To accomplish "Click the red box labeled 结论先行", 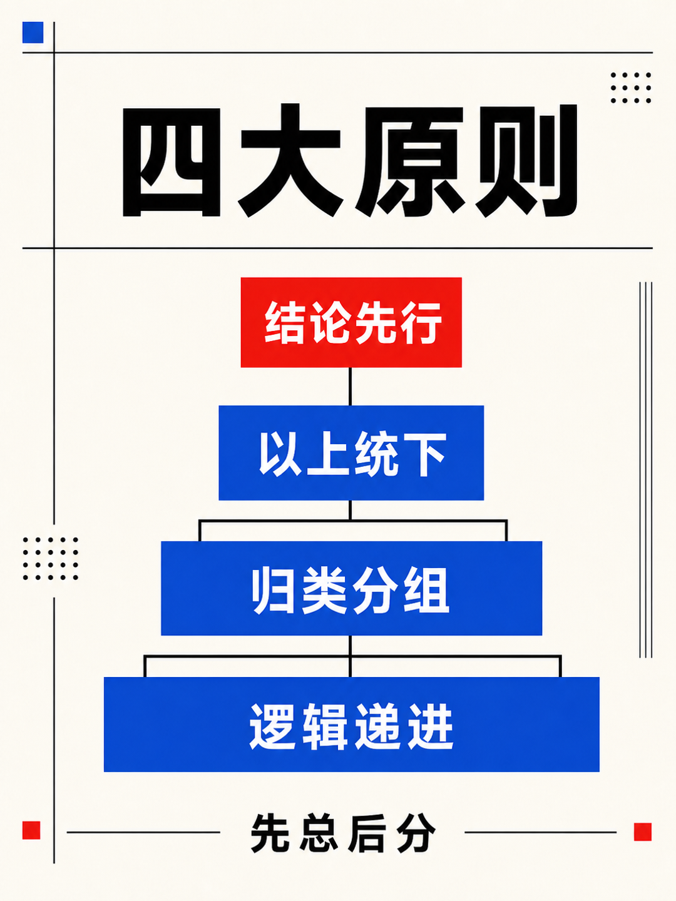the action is tap(351, 322).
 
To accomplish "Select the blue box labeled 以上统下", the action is tap(351, 453).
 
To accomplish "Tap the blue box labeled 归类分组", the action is tap(351, 588).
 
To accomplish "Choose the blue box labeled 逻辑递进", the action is tap(351, 725).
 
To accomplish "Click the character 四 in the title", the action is tap(172, 163).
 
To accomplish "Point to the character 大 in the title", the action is tap(290, 161).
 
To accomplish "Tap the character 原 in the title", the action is tap(409, 161).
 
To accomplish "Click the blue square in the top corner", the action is tap(33, 33).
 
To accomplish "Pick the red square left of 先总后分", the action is tap(31, 830).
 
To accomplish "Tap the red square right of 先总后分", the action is tap(643, 832).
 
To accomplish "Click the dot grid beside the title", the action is tap(631, 88).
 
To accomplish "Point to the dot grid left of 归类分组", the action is tap(51, 558).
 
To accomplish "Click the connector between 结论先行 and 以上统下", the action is tap(350, 386).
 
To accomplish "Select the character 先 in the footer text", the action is tap(270, 833).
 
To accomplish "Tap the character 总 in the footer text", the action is tap(319, 833).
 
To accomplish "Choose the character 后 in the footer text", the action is tap(368, 833).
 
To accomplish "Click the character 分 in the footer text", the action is tap(416, 833).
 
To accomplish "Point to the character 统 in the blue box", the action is tap(376, 454).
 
